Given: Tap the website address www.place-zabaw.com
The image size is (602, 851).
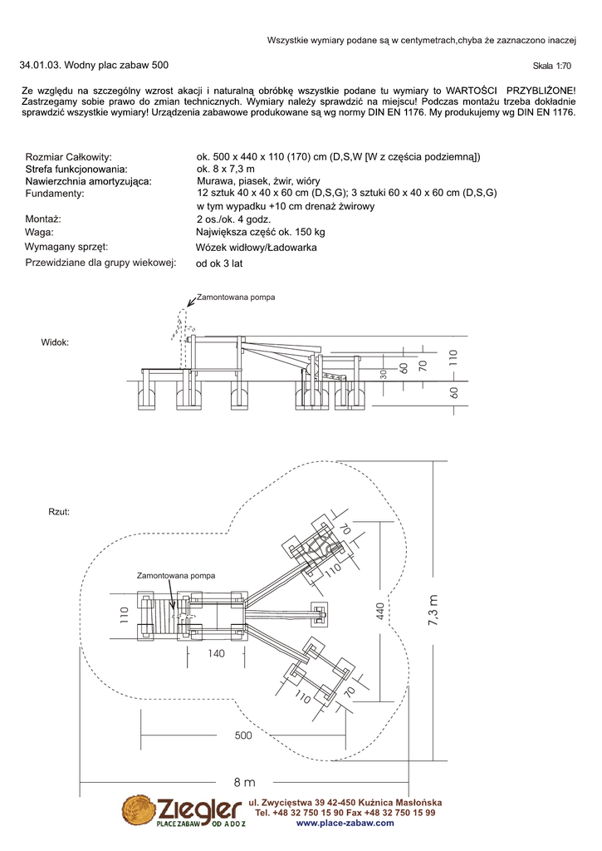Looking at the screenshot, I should [x=345, y=823].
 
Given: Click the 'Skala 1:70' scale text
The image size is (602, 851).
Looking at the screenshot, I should [x=552, y=66].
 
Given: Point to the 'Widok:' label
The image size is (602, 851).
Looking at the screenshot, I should [x=55, y=342].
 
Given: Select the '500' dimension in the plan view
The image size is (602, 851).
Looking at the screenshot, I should [x=243, y=735].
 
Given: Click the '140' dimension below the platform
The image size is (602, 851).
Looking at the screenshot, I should [x=216, y=654].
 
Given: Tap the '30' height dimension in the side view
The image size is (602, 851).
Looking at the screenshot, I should [x=383, y=373].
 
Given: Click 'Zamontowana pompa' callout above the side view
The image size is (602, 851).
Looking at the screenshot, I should [x=235, y=297].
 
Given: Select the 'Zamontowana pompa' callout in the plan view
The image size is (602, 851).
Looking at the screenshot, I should [x=176, y=575].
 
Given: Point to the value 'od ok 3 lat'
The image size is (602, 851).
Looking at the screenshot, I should [x=219, y=263].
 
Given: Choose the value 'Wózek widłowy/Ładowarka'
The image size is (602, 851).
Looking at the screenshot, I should [x=256, y=248].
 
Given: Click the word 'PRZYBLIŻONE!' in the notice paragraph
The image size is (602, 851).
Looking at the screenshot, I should [x=541, y=89].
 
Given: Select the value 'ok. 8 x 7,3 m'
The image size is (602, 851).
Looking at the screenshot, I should [x=226, y=169].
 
